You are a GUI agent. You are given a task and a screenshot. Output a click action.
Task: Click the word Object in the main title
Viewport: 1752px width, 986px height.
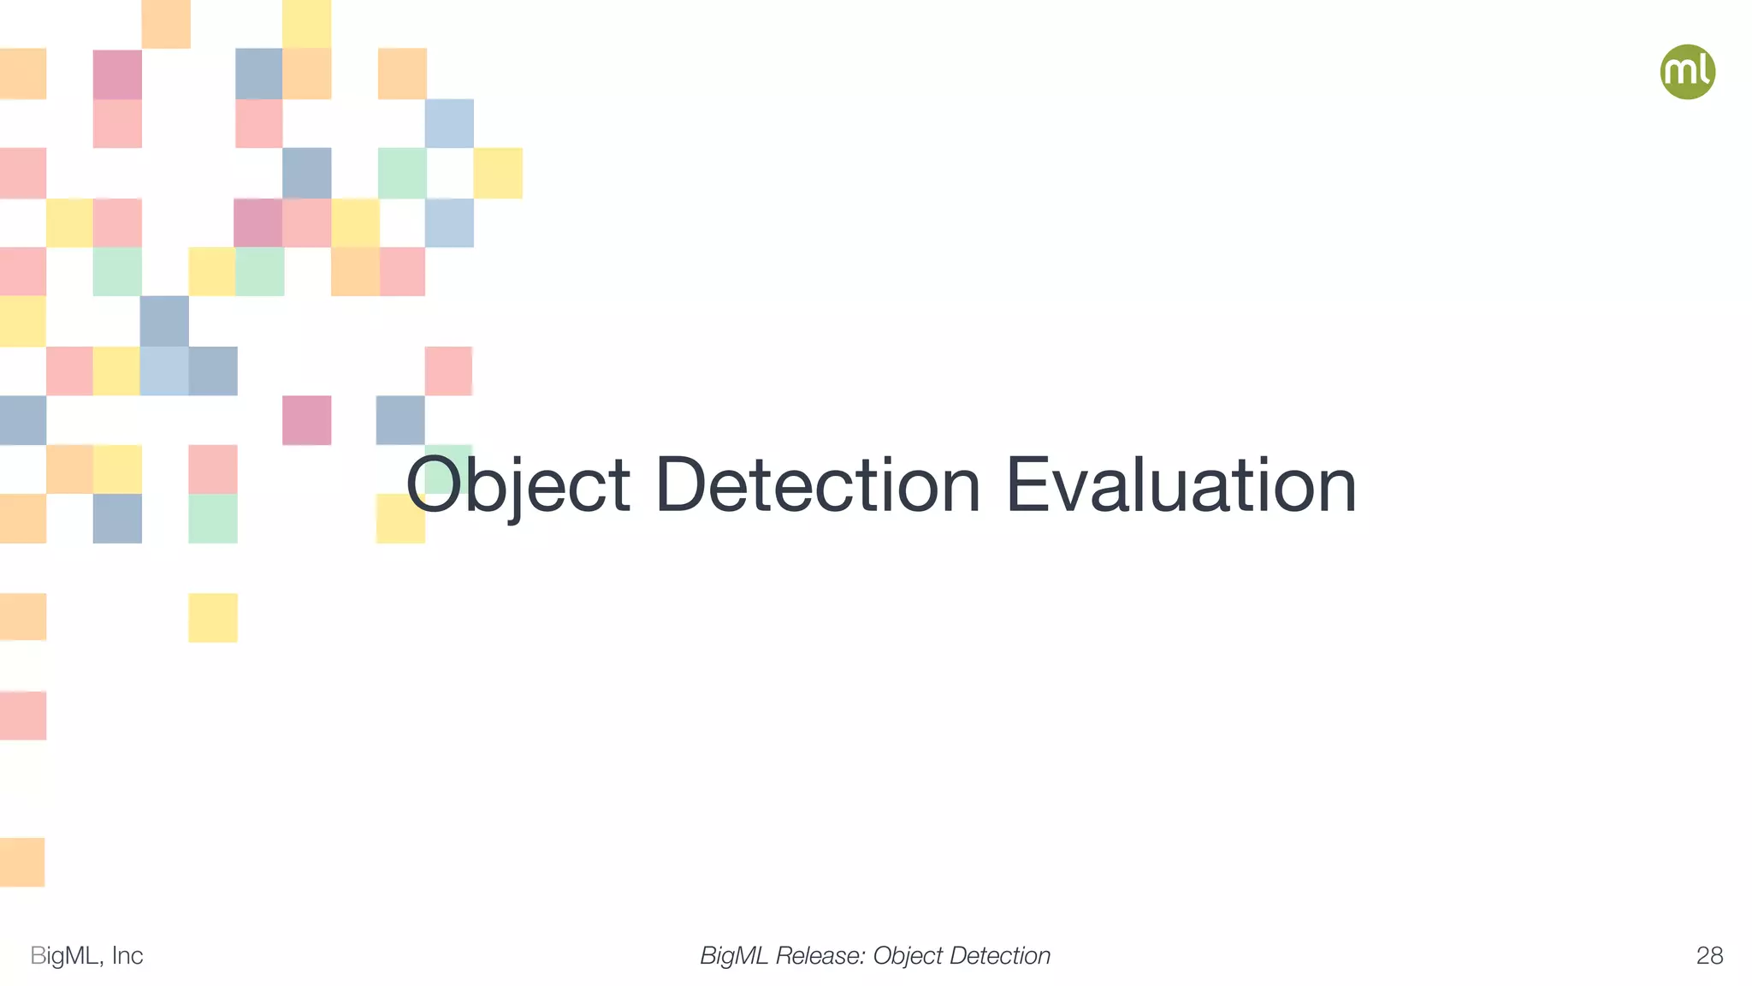518,485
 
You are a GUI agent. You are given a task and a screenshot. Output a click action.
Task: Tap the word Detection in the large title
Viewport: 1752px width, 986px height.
817,485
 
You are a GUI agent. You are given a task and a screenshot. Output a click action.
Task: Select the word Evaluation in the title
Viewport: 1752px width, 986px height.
1181,485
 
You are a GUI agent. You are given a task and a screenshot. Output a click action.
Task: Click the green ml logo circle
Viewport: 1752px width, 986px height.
1687,72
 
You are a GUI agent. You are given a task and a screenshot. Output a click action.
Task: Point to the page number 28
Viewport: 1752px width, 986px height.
1709,955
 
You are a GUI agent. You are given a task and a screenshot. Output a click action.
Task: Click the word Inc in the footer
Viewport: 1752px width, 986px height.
127,955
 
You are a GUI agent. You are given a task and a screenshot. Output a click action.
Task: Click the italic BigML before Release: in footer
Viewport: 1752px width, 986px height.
734,955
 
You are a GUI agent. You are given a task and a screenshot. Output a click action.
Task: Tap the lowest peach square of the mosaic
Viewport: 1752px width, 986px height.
22,862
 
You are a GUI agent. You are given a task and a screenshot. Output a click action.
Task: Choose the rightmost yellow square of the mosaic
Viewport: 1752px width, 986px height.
498,173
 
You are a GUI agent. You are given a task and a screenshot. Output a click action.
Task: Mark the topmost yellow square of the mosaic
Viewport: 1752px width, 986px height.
306,23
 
